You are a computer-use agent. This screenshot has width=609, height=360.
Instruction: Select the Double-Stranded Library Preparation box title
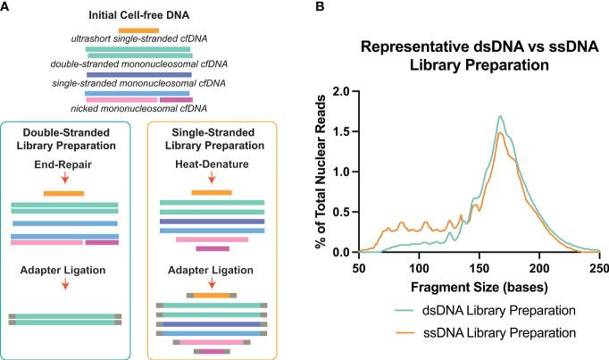pos(64,139)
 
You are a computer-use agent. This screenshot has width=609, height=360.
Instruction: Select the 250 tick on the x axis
pos(599,266)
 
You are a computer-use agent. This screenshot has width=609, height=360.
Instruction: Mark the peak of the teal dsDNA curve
pos(501,115)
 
